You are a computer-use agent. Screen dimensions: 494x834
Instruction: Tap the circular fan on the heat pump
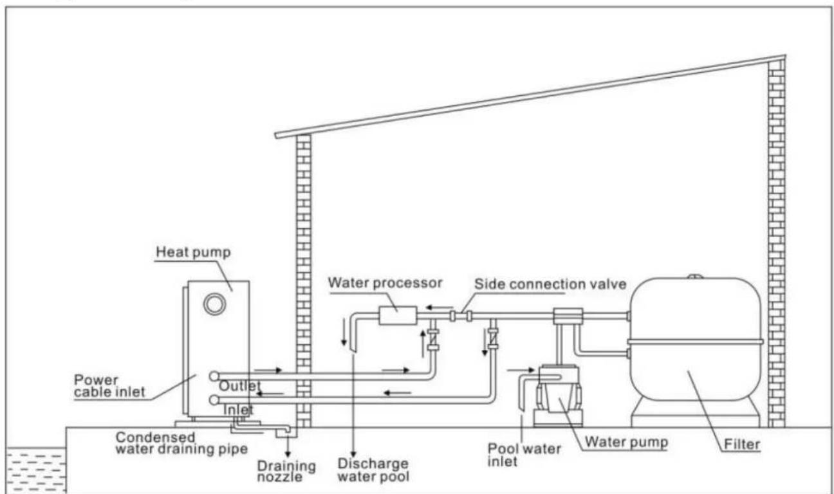pyautogui.click(x=214, y=304)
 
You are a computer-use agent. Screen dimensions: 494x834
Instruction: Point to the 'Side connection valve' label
pyautogui.click(x=550, y=284)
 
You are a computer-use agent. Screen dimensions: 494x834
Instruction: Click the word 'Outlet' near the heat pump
pyautogui.click(x=239, y=386)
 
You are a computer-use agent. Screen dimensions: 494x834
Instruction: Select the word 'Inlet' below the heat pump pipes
pyautogui.click(x=238, y=409)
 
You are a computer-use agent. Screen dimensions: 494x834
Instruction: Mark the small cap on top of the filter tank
pyautogui.click(x=694, y=278)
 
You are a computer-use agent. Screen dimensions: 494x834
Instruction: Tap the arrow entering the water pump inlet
pyautogui.click(x=520, y=370)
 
